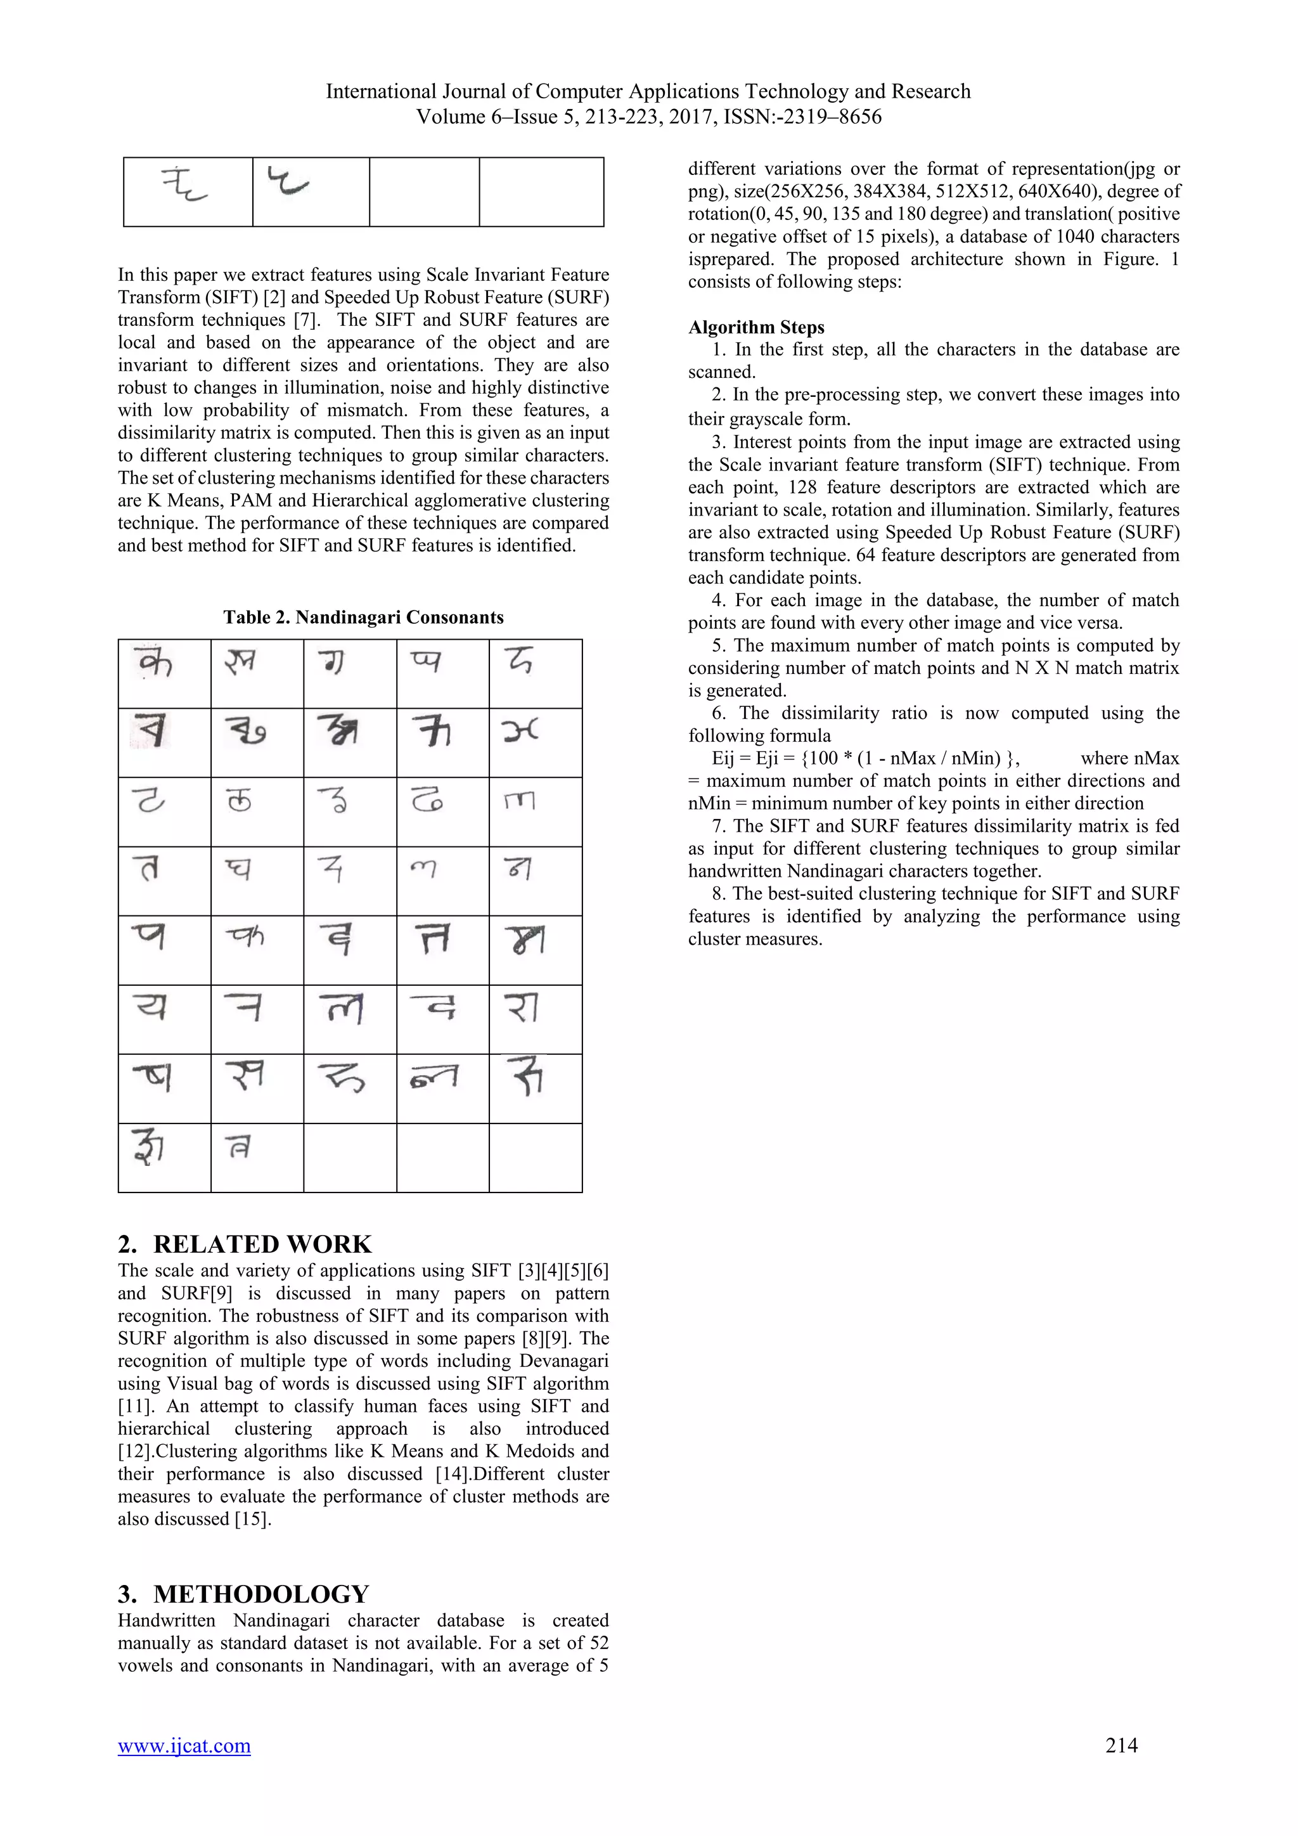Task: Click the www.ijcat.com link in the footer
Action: point(184,1745)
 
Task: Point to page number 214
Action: point(1121,1745)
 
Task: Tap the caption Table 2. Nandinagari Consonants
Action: point(363,617)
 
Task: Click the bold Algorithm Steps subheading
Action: point(756,327)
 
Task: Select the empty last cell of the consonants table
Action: point(536,1158)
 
